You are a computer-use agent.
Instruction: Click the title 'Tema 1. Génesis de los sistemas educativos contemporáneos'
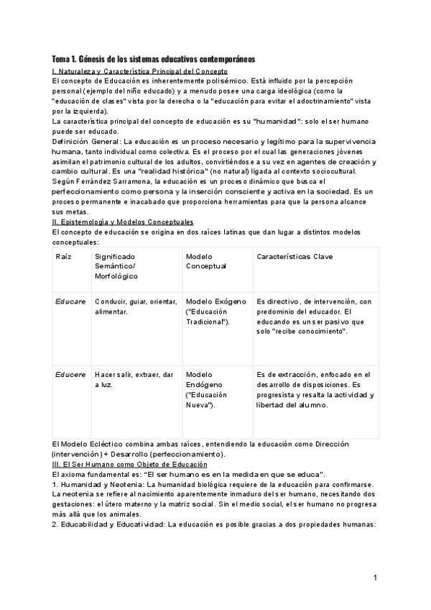[x=154, y=58]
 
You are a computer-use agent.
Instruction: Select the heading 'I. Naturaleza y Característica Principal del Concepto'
[x=140, y=72]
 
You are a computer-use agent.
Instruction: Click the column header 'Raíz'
[x=63, y=257]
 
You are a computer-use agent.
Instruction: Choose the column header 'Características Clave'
[x=295, y=257]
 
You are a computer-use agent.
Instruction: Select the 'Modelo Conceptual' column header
[x=205, y=261]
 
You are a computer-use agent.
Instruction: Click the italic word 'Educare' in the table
[x=70, y=301]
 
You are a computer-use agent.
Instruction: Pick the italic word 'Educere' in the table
[x=70, y=375]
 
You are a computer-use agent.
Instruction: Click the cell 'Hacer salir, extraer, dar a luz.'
[x=134, y=380]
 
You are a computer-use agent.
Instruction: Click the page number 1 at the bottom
[x=375, y=578]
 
